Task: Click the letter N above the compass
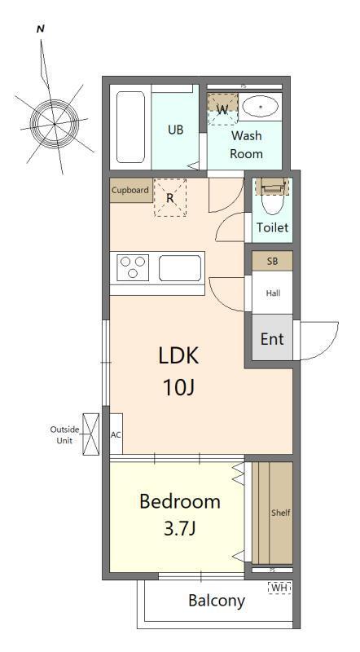pyautogui.click(x=41, y=29)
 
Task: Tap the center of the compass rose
pyautogui.click(x=55, y=124)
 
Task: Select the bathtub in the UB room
pyautogui.click(x=130, y=127)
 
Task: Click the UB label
pyautogui.click(x=175, y=130)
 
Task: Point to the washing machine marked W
pyautogui.click(x=223, y=109)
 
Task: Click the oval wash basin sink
pyautogui.click(x=261, y=107)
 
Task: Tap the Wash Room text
pyautogui.click(x=246, y=144)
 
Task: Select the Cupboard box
pyautogui.click(x=130, y=191)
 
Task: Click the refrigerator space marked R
pyautogui.click(x=169, y=198)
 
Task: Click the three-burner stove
pyautogui.click(x=133, y=267)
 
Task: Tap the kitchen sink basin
pyautogui.click(x=179, y=268)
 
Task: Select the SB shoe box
pyautogui.click(x=273, y=261)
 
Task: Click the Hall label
pyautogui.click(x=273, y=293)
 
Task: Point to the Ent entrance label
pyautogui.click(x=272, y=339)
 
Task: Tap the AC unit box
pyautogui.click(x=116, y=434)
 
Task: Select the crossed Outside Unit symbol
pyautogui.click(x=91, y=434)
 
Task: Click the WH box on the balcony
pyautogui.click(x=279, y=588)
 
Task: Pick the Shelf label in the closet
pyautogui.click(x=281, y=513)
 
